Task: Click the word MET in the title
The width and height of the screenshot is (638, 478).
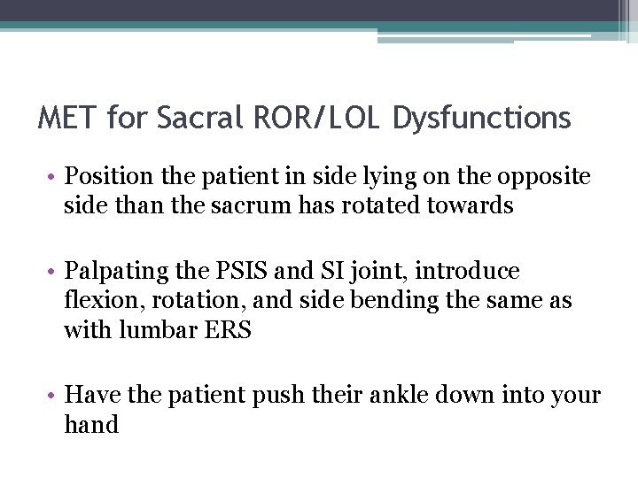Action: pyautogui.click(x=66, y=118)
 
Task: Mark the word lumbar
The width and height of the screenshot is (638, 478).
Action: pyautogui.click(x=152, y=331)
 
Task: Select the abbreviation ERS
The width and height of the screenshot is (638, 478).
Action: pyautogui.click(x=227, y=331)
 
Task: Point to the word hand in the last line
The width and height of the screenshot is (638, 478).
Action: pyautogui.click(x=91, y=425)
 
